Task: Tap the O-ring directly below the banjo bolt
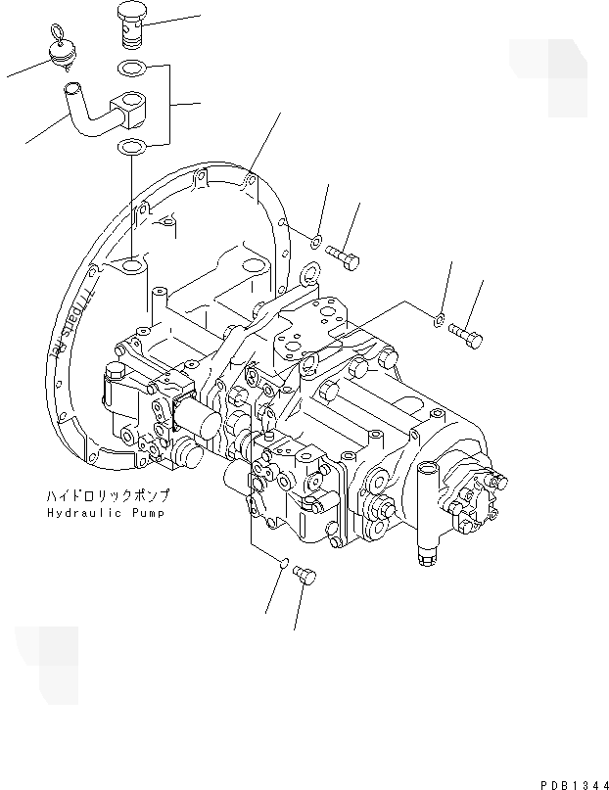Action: (129, 70)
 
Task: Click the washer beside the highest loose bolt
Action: (317, 241)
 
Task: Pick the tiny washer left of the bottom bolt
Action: (283, 564)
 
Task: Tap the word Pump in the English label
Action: (146, 513)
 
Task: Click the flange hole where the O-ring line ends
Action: (130, 265)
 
